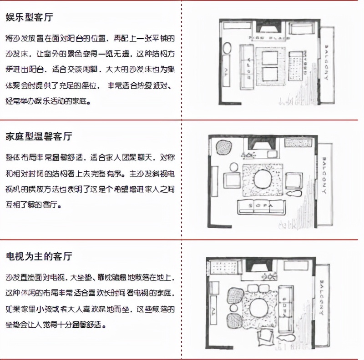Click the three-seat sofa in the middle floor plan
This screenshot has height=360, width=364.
click(x=262, y=207)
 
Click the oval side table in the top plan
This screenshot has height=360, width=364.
click(x=226, y=48)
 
